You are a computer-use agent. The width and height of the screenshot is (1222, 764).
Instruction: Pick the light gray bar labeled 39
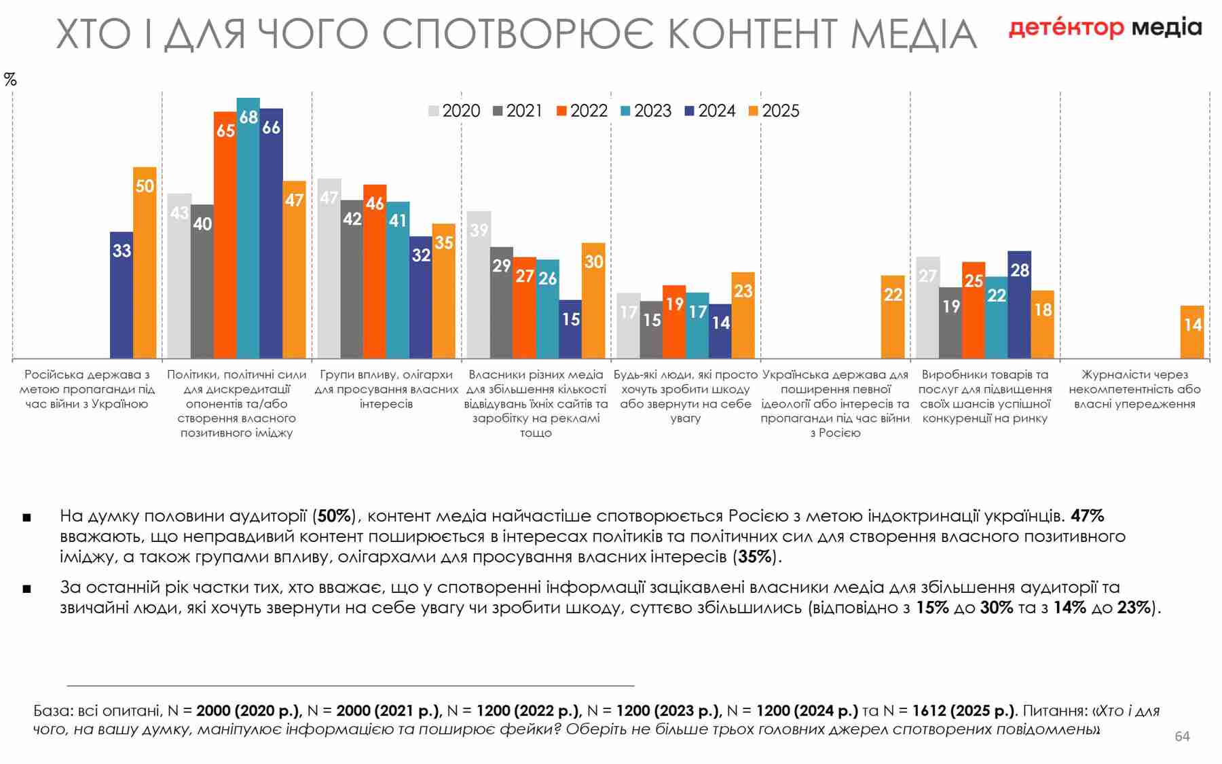[479, 285]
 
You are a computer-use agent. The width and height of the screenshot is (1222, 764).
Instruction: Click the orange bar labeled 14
[1192, 332]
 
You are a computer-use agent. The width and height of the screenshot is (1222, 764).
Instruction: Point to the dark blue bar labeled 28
[1019, 305]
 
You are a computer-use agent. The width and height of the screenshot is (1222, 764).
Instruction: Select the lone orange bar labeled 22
[893, 317]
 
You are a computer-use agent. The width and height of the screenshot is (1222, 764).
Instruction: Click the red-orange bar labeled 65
[225, 235]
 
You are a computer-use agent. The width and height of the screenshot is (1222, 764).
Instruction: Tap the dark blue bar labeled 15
[570, 329]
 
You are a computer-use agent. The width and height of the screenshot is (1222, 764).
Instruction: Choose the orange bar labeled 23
[743, 316]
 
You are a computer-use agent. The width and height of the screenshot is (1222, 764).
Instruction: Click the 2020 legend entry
[454, 111]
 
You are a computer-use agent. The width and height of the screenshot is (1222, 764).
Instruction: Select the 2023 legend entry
[646, 111]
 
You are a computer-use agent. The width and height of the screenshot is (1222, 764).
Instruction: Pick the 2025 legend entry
[774, 111]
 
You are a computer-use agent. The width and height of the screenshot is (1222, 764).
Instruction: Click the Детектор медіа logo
[1105, 28]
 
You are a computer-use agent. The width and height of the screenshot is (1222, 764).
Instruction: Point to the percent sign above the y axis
[10, 79]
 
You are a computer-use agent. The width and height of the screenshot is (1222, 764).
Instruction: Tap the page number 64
[1182, 736]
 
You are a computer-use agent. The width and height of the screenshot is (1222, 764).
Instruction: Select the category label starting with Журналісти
[1134, 389]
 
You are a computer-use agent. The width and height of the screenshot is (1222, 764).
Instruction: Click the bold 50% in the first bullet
[334, 516]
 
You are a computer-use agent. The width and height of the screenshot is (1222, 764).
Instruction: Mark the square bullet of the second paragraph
[26, 589]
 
